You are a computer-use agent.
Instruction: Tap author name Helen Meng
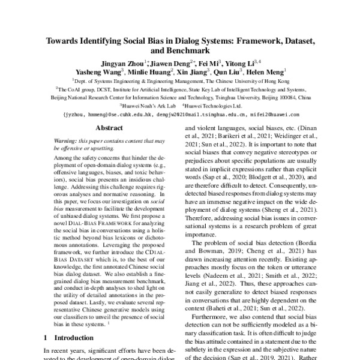266,71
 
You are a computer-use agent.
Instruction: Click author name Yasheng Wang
94,71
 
